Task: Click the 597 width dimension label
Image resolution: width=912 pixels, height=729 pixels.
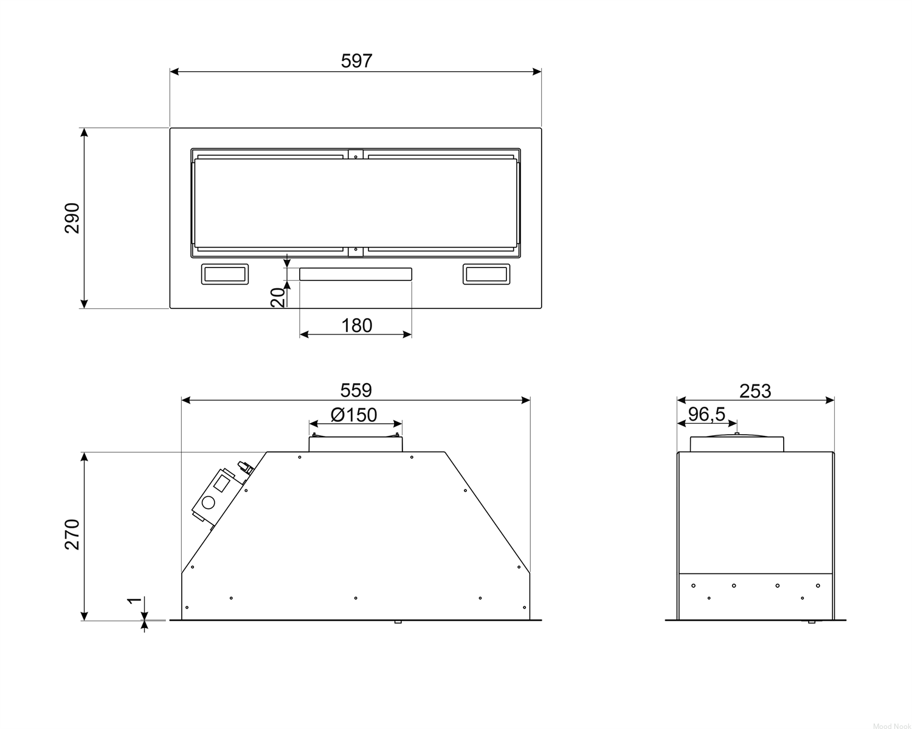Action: [356, 61]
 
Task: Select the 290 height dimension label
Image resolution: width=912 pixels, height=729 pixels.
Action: [72, 218]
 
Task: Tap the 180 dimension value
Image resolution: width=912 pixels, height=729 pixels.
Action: [356, 325]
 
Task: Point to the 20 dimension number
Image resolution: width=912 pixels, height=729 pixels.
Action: [278, 297]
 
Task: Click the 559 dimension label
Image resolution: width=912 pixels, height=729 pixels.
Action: [356, 390]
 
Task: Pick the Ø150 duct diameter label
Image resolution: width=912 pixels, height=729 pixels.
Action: [354, 415]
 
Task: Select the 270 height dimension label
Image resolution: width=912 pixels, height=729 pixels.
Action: [72, 534]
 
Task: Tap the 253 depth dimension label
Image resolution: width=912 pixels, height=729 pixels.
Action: [755, 391]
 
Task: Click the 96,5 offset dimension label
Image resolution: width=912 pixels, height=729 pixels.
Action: [707, 414]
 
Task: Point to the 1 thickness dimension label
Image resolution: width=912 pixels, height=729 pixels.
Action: [135, 600]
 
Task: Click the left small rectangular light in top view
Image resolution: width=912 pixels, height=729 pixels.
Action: [224, 274]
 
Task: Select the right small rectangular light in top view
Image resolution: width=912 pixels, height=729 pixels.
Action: [486, 274]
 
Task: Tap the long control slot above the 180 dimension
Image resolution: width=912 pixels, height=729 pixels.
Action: [356, 274]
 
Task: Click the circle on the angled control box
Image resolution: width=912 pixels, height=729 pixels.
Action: [208, 503]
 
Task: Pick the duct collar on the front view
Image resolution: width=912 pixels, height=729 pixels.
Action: [356, 443]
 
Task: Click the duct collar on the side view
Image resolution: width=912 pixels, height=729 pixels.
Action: [737, 443]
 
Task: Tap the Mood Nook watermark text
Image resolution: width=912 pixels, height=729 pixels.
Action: [891, 723]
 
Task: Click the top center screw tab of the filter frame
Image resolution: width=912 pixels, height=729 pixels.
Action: [356, 154]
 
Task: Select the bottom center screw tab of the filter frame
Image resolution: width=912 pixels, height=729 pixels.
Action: [356, 252]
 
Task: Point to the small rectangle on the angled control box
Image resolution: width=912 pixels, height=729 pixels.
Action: [222, 483]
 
